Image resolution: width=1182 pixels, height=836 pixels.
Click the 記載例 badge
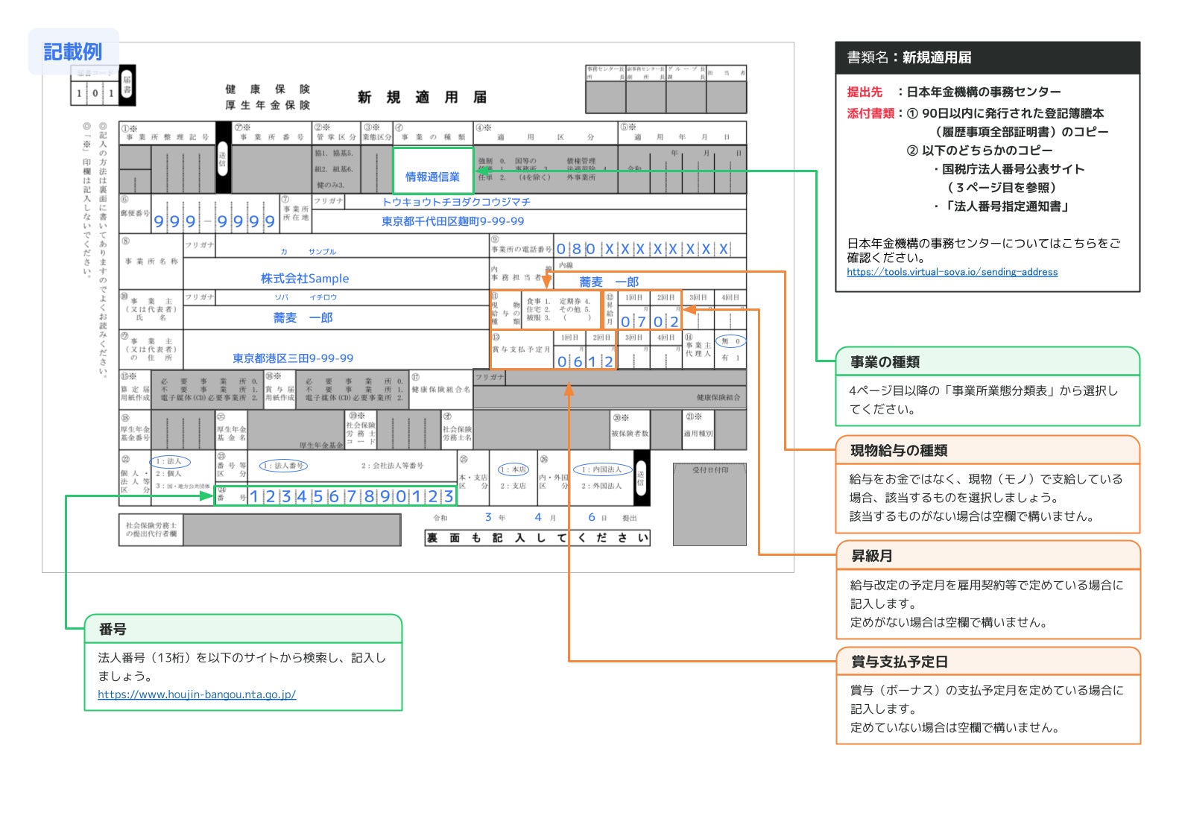(73, 51)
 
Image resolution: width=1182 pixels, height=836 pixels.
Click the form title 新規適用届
(422, 98)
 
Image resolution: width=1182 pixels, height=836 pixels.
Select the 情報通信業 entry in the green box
(432, 177)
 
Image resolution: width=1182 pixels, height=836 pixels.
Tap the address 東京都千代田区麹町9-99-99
(452, 221)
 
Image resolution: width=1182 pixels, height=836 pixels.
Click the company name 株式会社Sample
(304, 279)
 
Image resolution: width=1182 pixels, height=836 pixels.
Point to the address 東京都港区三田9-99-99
(293, 358)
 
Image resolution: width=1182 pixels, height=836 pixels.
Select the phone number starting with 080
(642, 249)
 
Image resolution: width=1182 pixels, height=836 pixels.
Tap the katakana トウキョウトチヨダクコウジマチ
(456, 202)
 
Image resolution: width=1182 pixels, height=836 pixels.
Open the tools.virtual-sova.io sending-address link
(952, 272)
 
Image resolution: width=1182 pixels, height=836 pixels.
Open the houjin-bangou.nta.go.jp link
(197, 694)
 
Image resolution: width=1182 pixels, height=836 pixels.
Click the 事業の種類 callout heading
(885, 362)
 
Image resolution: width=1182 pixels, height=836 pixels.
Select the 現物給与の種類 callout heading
(899, 450)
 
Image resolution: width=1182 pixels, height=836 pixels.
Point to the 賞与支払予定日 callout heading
(899, 662)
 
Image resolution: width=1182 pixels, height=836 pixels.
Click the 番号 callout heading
(113, 630)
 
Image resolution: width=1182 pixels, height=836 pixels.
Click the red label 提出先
(865, 92)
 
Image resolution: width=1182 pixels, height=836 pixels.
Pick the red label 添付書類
(870, 113)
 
